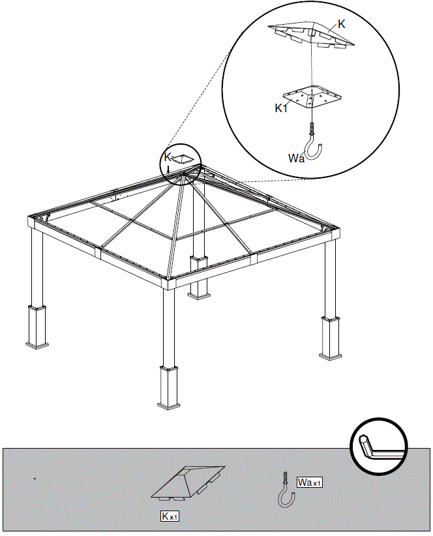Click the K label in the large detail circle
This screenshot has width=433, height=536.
coord(342,23)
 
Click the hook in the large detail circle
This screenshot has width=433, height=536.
coord(315,146)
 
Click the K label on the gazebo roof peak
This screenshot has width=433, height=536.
coord(168,158)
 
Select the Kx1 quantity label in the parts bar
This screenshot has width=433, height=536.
coord(170,516)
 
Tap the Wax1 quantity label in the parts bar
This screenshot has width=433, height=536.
coord(310,483)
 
